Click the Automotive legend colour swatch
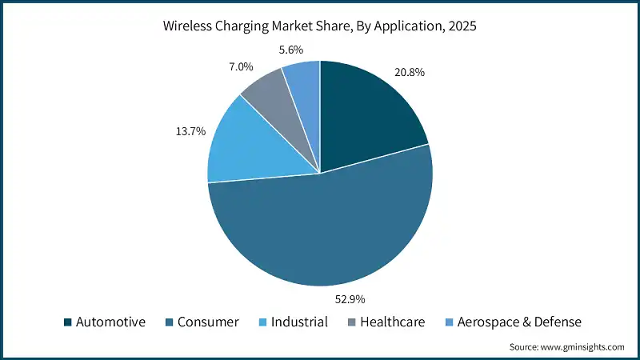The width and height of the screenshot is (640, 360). click(69, 322)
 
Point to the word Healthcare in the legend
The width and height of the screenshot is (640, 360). click(392, 322)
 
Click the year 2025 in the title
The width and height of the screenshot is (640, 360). click(462, 26)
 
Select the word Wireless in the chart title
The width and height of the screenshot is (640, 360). click(188, 26)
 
